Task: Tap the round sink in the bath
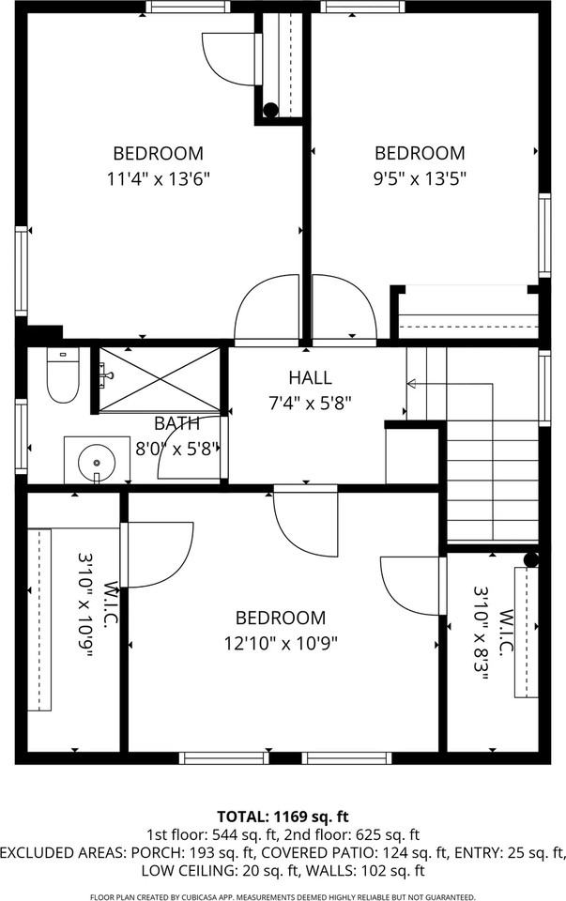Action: tap(97, 461)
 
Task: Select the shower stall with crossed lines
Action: tap(160, 379)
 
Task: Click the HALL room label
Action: tap(310, 378)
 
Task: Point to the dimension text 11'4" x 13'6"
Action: tap(158, 177)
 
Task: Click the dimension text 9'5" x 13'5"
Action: tap(420, 177)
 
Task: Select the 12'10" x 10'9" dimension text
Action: tap(281, 643)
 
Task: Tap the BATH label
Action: tap(176, 423)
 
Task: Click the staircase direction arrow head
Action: tap(410, 383)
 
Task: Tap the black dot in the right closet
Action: tap(530, 560)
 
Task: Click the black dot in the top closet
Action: tap(270, 110)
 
